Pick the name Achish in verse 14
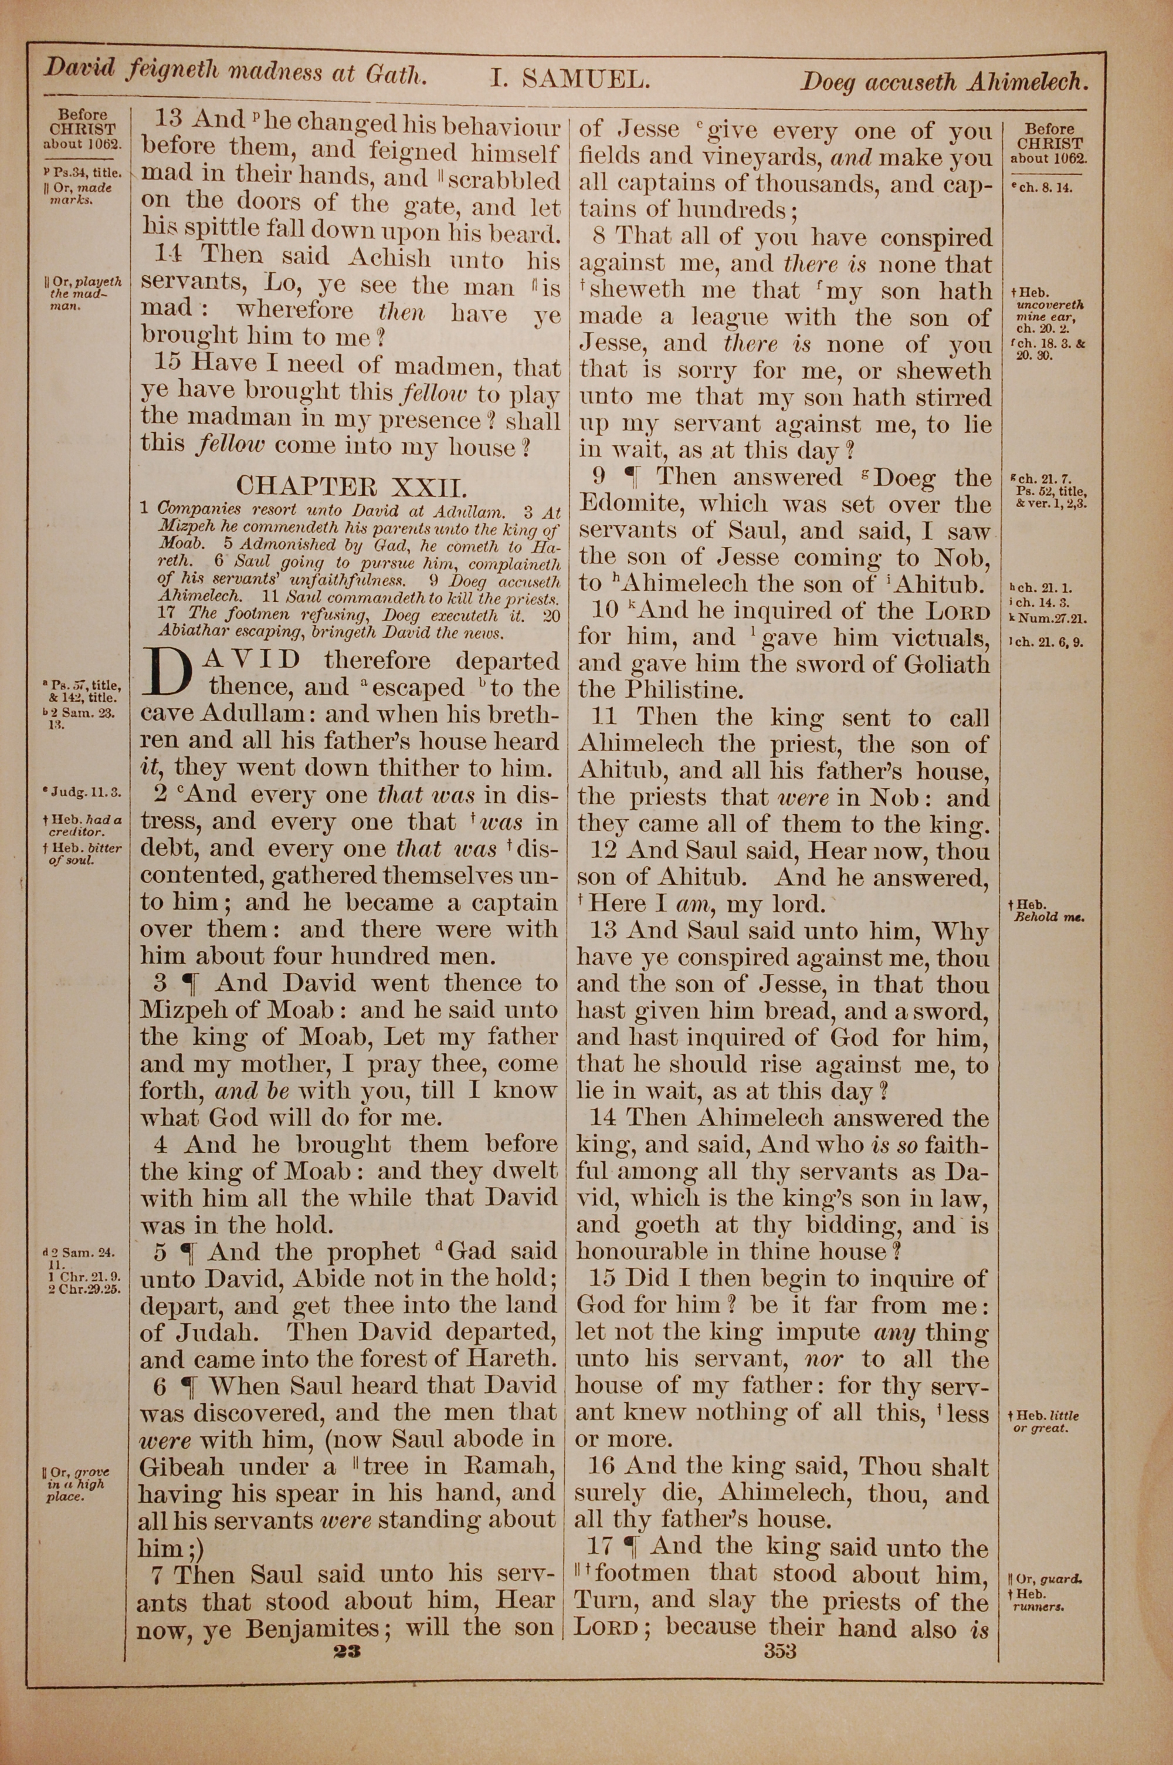point(390,258)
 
